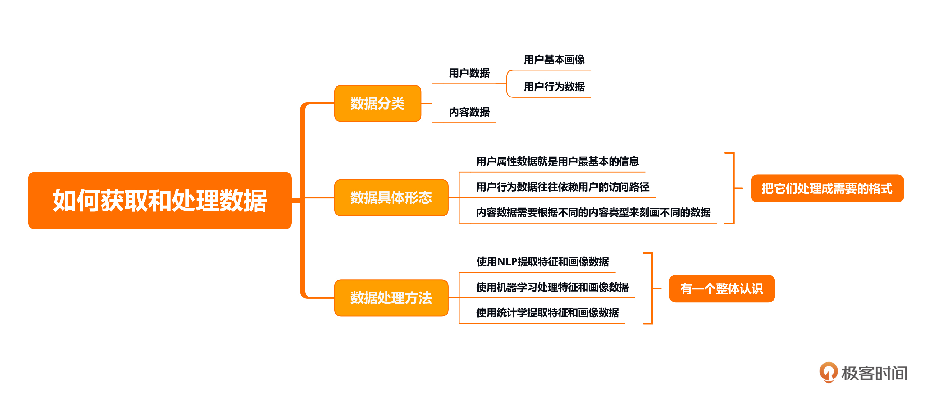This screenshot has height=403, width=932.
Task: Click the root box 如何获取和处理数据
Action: click(x=160, y=201)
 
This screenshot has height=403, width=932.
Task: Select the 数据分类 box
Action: click(x=377, y=103)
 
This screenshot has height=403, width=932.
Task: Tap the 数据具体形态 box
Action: click(x=391, y=198)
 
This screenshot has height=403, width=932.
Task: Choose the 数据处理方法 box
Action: click(x=391, y=298)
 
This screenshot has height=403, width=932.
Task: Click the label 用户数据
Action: click(x=469, y=73)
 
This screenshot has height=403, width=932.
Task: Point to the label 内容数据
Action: click(x=469, y=112)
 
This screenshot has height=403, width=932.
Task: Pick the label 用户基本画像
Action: click(x=554, y=60)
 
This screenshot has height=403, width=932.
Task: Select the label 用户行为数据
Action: click(x=554, y=87)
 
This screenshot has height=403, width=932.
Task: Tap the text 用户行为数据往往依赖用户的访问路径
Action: click(x=562, y=187)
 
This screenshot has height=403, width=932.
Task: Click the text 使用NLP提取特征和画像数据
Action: click(x=542, y=262)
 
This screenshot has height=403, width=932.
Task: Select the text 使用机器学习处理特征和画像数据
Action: click(x=552, y=287)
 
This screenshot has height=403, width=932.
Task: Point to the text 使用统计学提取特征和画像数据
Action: click(x=547, y=312)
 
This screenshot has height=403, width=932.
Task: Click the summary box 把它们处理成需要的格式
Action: click(x=827, y=188)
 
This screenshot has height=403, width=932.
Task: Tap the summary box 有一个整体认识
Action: click(x=722, y=288)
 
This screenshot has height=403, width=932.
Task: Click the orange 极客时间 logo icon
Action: click(x=828, y=372)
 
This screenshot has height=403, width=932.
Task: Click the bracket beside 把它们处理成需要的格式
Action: click(x=733, y=188)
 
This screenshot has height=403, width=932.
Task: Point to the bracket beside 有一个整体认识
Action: click(x=652, y=288)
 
